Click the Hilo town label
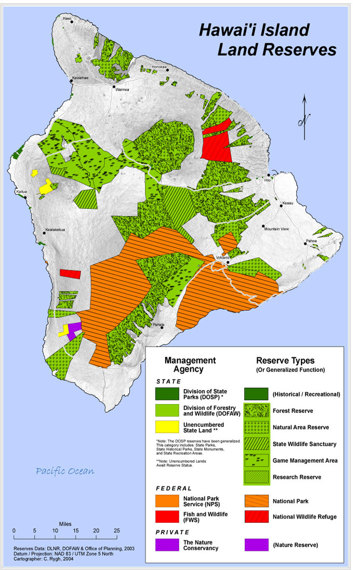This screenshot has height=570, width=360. pos(268,180)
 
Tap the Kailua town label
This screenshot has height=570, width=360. pos(21,191)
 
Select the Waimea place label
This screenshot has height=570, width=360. pos(122,89)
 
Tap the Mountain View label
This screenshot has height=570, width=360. pos(276,229)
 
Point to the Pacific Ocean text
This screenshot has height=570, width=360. pos(65,471)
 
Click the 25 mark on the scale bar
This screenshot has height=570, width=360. pos(117,530)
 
